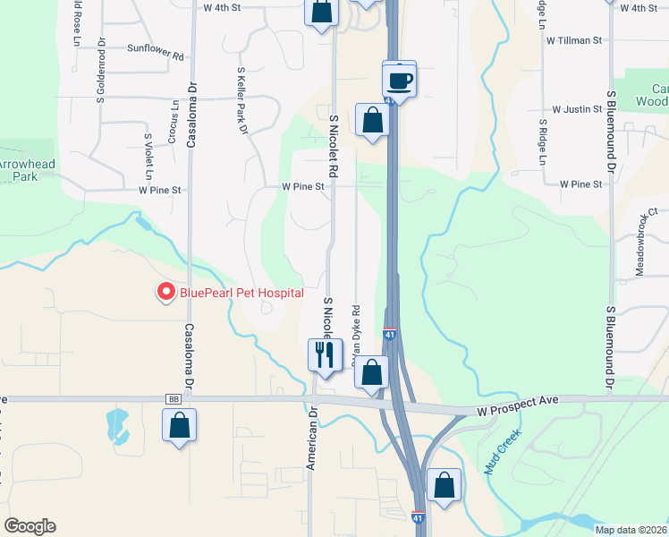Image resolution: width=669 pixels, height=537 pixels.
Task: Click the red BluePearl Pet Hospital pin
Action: point(165,292)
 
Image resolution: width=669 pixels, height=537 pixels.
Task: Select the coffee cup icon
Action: point(399,81)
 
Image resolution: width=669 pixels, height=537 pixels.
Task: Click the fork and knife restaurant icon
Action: point(324,354)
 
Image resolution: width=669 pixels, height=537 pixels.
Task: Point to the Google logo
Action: point(30,526)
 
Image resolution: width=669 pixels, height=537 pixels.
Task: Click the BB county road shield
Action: point(174,400)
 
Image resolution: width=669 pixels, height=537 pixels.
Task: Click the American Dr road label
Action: point(312,439)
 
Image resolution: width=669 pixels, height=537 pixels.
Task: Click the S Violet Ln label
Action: point(148,154)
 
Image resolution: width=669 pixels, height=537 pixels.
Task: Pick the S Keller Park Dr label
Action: point(241,99)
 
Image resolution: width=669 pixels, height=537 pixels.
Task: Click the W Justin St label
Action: point(577,109)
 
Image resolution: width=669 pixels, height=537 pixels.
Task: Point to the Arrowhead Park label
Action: point(18,170)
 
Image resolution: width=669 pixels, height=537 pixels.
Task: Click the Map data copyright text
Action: point(630,530)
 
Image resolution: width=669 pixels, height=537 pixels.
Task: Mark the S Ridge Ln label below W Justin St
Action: point(542,142)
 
